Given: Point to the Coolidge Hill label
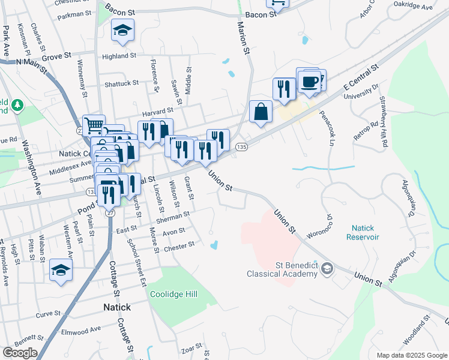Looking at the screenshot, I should tap(174, 294).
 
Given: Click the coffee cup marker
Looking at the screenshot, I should tap(310, 82).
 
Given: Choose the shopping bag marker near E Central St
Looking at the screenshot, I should tap(261, 111).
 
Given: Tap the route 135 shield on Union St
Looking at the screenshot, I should tap(241, 147).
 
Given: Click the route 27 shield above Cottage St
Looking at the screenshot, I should tap(110, 213).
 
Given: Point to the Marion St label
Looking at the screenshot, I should tap(244, 39).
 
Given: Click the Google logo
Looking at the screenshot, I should tap(20, 353).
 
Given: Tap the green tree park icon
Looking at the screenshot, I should tap(17, 105).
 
